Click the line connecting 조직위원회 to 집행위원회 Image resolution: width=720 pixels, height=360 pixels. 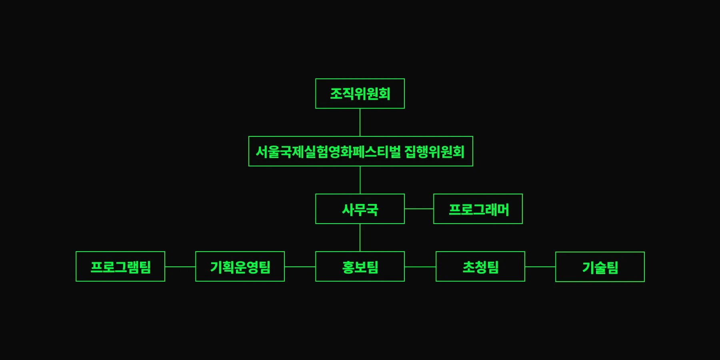360,122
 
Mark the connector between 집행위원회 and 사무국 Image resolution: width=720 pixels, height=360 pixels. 360,180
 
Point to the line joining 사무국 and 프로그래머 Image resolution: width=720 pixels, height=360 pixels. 419,209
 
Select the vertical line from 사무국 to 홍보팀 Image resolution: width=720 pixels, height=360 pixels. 360,238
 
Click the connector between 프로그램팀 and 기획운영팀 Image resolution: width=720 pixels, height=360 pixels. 180,266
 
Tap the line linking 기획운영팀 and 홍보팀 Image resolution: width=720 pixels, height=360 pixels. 300,266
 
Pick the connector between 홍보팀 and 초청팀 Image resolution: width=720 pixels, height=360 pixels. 420,266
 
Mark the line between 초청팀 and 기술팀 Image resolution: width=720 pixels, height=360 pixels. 540,266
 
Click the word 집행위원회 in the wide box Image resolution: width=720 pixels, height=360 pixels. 434,152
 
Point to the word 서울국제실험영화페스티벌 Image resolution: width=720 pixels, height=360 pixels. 328,152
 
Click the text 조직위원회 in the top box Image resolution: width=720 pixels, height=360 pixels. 360,94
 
